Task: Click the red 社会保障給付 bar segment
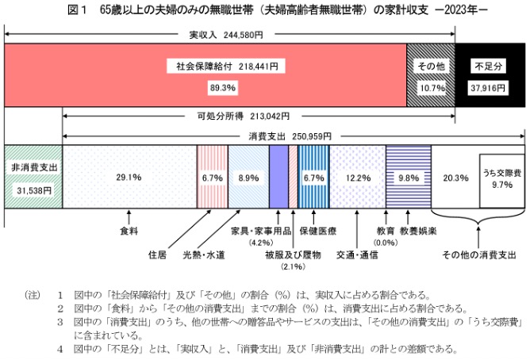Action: click(206, 75)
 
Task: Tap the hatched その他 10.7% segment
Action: click(431, 75)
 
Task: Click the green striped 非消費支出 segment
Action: click(33, 178)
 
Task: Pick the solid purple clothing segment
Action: click(278, 178)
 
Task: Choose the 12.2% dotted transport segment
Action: click(357, 178)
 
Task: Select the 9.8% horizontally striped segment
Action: click(409, 178)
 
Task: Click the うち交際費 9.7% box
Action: click(501, 178)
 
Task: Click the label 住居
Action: click(157, 255)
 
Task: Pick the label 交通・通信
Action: click(357, 255)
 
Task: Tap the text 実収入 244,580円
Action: click(229, 35)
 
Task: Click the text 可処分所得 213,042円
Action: click(244, 116)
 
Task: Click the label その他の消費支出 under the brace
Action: click(479, 255)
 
